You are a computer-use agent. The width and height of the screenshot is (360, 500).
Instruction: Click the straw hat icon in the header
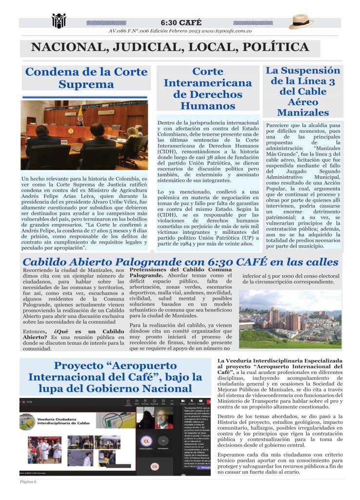click(301, 21)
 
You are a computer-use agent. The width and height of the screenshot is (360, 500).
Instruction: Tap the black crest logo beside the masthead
click(59, 21)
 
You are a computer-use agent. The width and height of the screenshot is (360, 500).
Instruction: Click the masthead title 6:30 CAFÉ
click(181, 22)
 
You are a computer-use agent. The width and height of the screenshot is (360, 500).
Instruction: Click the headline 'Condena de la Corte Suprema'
click(86, 78)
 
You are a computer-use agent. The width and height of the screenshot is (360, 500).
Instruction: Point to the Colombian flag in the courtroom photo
click(80, 116)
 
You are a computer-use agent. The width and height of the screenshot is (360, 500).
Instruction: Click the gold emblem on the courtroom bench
click(71, 131)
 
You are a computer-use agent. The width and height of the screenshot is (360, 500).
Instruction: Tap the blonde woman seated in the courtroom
click(133, 135)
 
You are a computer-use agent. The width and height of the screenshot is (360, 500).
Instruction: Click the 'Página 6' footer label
click(28, 481)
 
